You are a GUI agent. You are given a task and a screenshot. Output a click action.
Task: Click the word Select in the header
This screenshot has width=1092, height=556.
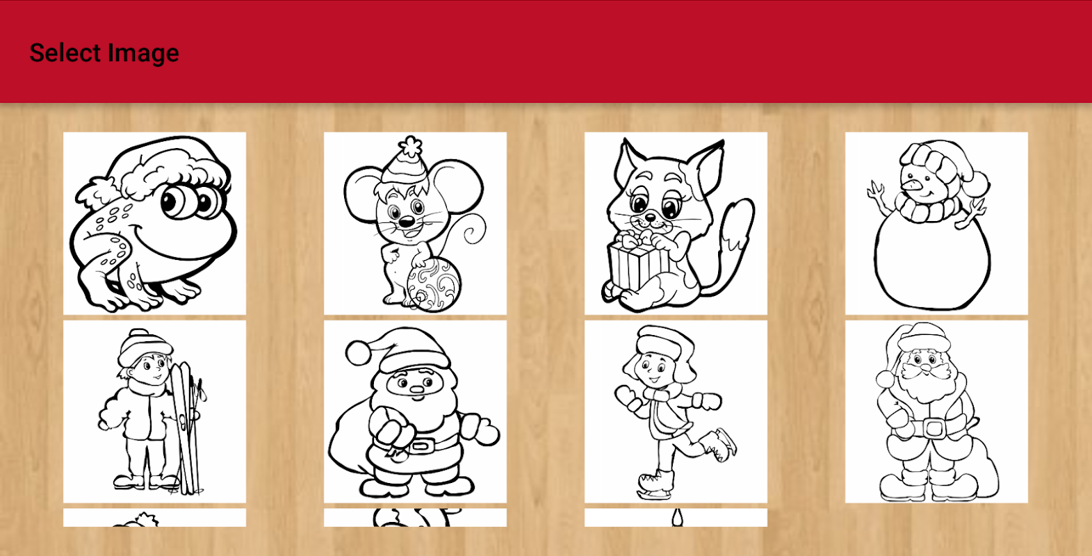point(65,53)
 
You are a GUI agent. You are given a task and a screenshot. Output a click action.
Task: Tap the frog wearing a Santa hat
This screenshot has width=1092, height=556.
point(154,224)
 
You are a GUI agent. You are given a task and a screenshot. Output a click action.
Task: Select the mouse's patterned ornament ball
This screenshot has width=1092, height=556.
point(433,284)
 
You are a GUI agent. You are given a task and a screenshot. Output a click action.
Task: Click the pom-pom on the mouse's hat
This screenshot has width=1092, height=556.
point(411,146)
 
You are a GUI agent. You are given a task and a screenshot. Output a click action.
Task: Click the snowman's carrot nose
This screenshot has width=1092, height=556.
point(911,185)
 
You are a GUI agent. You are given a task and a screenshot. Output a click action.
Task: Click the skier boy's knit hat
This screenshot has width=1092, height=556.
point(145,346)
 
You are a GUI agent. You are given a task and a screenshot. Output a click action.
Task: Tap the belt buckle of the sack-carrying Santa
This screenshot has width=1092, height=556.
point(422,446)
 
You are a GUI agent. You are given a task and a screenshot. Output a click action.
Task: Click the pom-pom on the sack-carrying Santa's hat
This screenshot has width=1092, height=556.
point(358,352)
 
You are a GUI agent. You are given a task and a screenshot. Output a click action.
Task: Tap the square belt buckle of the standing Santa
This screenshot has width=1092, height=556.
point(934,428)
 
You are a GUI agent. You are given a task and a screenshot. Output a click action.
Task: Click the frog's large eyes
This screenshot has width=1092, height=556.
point(191,202)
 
